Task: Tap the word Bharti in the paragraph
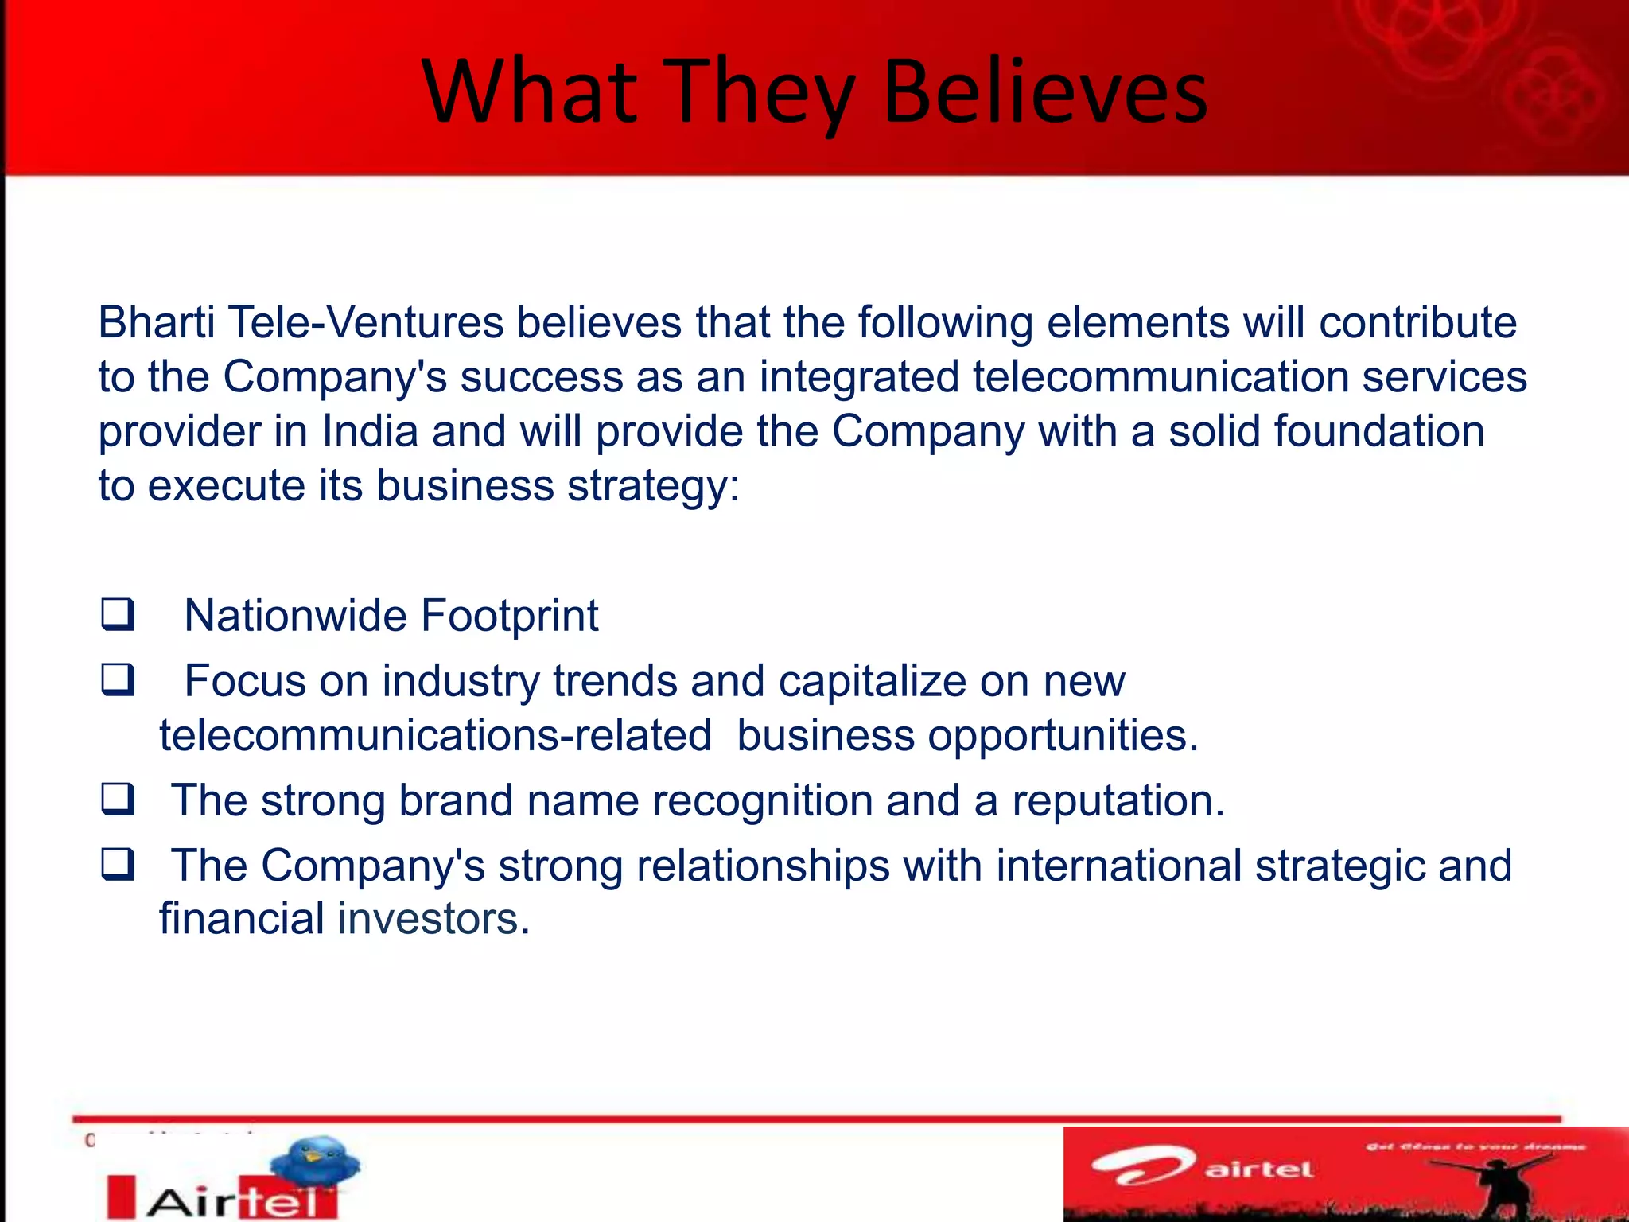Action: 156,322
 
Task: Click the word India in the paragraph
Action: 370,431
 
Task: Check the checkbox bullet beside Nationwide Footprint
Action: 118,615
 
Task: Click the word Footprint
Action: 509,616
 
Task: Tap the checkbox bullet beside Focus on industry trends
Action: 118,680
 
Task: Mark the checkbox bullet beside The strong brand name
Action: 118,800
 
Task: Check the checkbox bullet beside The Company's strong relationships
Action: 118,865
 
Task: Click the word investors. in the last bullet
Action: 433,919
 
